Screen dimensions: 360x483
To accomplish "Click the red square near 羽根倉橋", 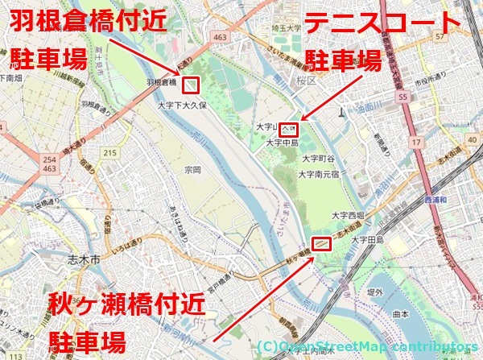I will click(x=190, y=82).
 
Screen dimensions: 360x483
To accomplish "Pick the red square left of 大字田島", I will click(x=322, y=242).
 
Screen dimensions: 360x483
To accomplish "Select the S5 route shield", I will click(x=402, y=97).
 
